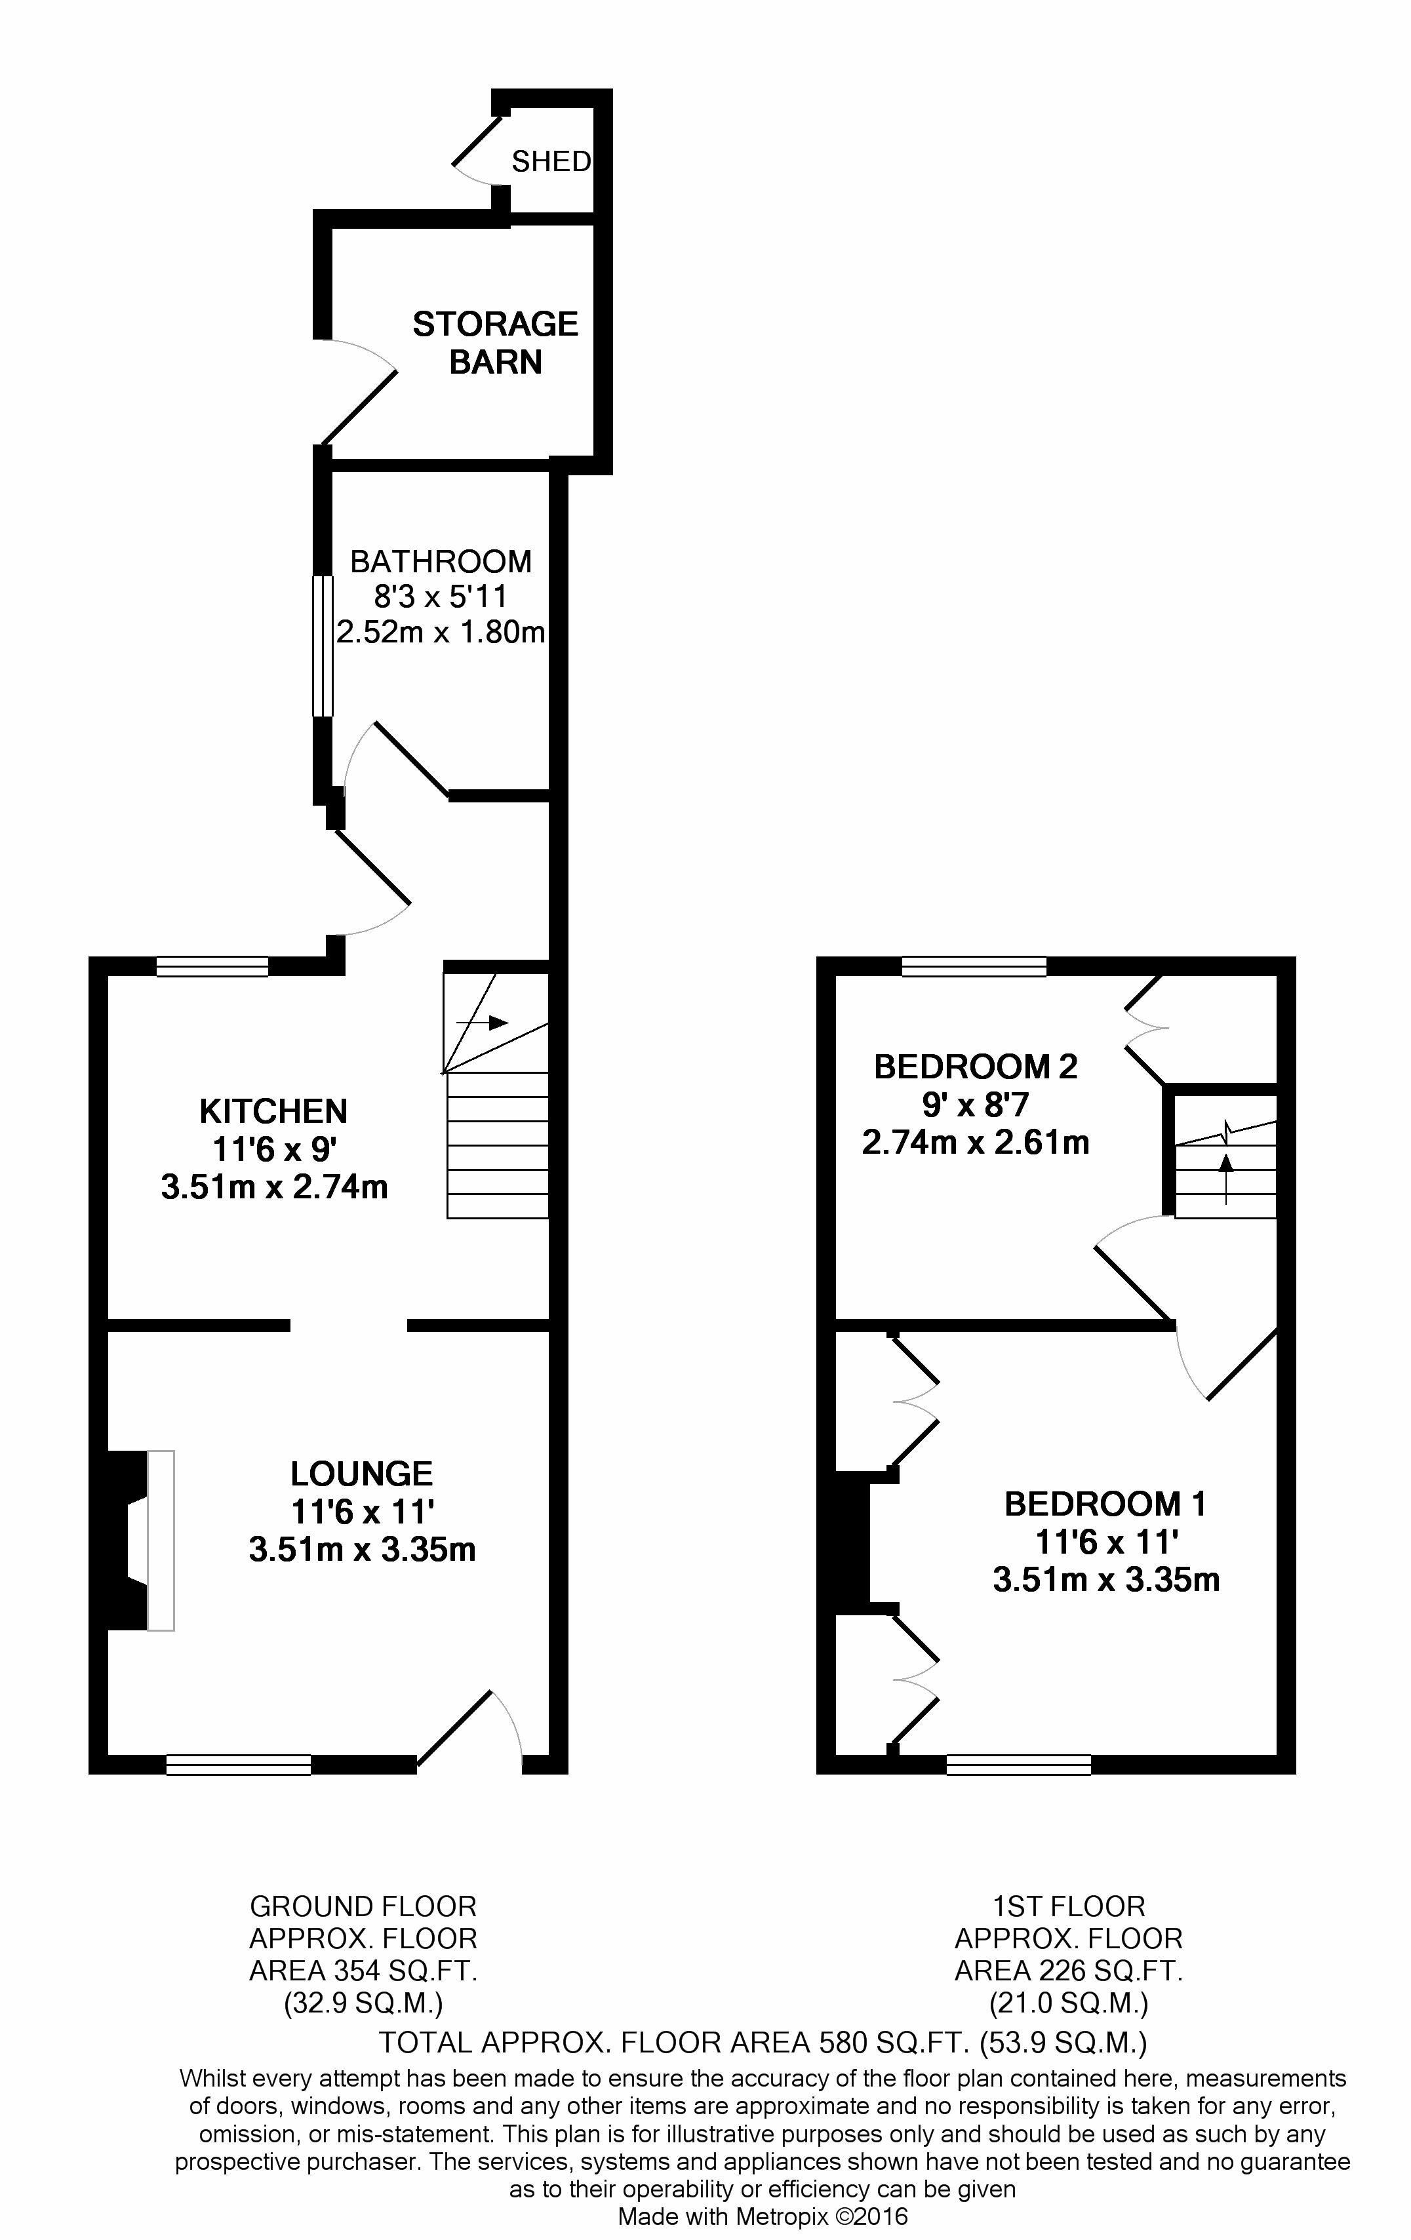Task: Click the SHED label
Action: click(x=551, y=162)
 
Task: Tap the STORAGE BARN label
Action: click(x=496, y=342)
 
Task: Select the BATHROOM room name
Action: click(x=441, y=561)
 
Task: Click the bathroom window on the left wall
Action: click(x=322, y=646)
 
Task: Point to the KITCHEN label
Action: click(x=273, y=1110)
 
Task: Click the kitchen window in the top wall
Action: click(x=212, y=966)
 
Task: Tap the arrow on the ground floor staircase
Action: click(x=483, y=1023)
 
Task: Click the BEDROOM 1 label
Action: click(x=1106, y=1504)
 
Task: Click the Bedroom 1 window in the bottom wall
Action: click(x=1018, y=1765)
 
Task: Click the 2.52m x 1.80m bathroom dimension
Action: click(x=441, y=633)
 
